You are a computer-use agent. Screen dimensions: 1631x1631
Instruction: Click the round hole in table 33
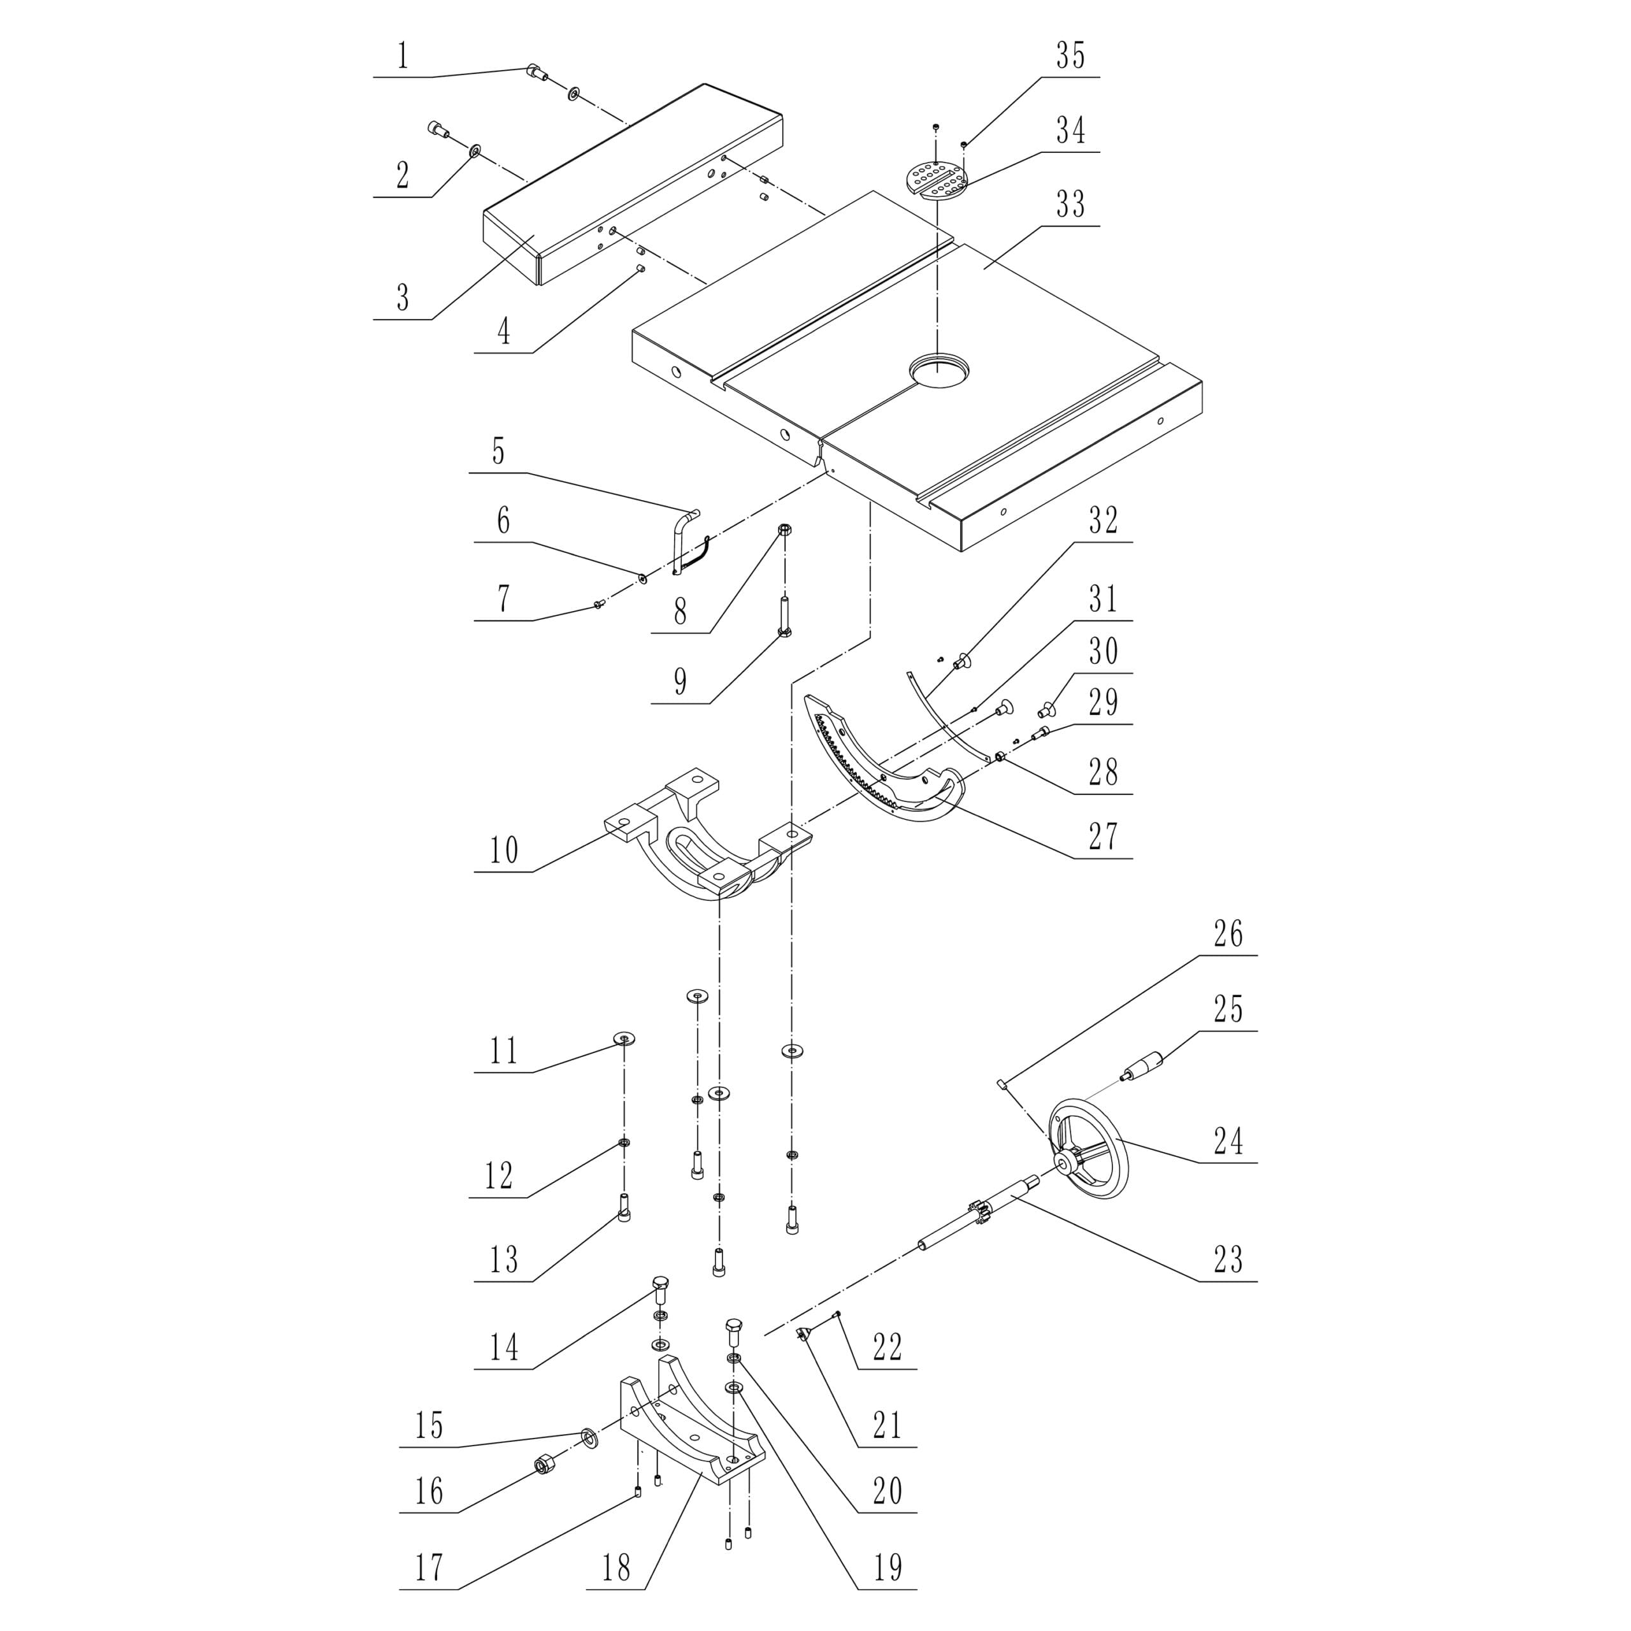tap(938, 370)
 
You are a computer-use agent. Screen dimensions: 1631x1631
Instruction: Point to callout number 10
tap(503, 849)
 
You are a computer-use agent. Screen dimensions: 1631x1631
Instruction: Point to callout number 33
tap(1070, 205)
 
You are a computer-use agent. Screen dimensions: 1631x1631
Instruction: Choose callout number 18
tap(615, 1568)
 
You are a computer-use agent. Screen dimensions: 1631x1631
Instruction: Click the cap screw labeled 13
tap(625, 1231)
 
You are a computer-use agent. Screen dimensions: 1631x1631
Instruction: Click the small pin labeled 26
tap(1000, 1084)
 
